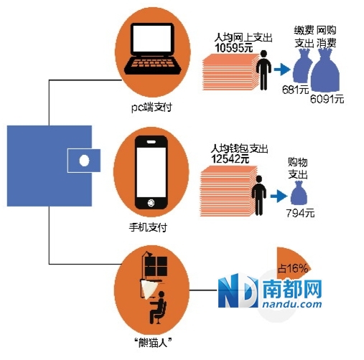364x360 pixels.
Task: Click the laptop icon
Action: [153, 49]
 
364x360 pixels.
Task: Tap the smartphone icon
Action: [151, 172]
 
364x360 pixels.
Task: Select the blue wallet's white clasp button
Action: [84, 160]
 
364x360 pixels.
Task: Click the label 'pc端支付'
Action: [151, 108]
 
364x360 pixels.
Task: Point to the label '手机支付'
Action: [148, 227]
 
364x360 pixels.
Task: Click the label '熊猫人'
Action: [153, 344]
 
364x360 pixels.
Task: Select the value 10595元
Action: [233, 48]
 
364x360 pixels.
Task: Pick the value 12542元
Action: [230, 158]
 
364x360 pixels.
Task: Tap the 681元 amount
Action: [295, 90]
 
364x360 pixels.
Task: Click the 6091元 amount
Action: [327, 98]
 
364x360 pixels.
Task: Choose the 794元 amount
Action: [300, 213]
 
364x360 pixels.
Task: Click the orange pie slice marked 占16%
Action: [293, 263]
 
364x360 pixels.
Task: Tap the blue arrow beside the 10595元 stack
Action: [282, 70]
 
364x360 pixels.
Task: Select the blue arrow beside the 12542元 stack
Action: [279, 196]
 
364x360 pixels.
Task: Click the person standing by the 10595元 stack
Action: [263, 70]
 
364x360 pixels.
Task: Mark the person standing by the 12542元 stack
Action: [258, 196]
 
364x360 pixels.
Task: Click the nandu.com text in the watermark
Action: [292, 304]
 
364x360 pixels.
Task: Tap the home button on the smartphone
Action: [151, 203]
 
